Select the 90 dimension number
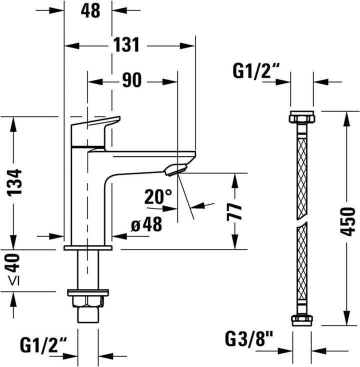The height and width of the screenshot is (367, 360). [x=131, y=80]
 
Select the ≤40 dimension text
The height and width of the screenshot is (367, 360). [x=15, y=270]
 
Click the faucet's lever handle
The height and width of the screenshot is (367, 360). [x=95, y=131]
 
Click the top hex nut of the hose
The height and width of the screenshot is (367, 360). [x=301, y=119]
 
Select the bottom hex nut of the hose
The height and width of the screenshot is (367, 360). [x=301, y=319]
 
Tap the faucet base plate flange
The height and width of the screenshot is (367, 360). [x=88, y=248]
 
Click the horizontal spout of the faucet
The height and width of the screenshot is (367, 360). [x=150, y=154]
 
